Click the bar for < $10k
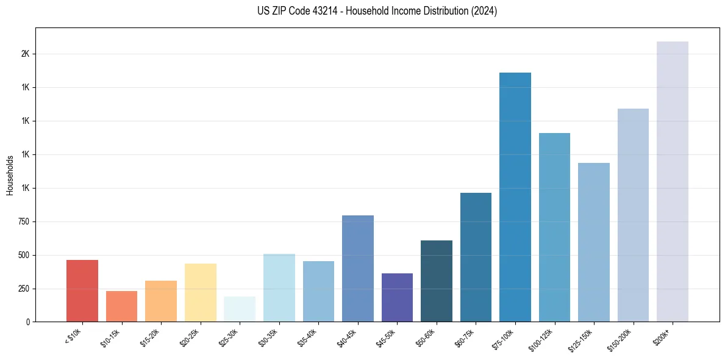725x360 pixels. click(82, 291)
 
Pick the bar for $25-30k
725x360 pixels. click(240, 309)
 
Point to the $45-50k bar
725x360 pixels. click(397, 298)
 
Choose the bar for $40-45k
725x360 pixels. click(358, 268)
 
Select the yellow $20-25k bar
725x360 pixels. click(201, 293)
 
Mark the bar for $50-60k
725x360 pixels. click(437, 281)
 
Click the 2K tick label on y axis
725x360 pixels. click(25, 54)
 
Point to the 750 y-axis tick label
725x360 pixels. click(23, 222)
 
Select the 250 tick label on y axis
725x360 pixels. click(23, 289)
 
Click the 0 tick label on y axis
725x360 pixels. click(28, 322)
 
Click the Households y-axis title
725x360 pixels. click(10, 175)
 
